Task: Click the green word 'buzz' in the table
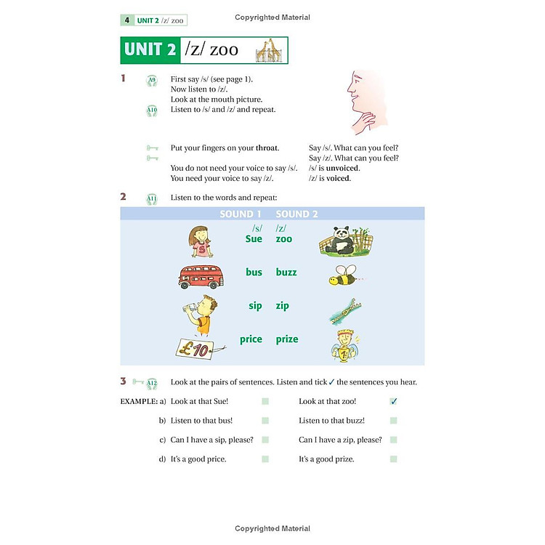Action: coord(286,272)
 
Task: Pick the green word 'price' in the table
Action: coord(251,339)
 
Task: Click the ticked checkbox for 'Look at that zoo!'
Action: coord(394,401)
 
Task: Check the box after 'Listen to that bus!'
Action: coord(265,421)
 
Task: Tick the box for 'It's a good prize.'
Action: coord(393,459)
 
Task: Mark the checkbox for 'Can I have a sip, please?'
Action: coord(265,440)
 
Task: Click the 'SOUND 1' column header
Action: coord(241,214)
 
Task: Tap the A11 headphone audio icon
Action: coord(152,198)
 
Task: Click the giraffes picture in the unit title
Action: coord(267,51)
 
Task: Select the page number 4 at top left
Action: coord(126,20)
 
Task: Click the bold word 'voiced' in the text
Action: coord(339,178)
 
